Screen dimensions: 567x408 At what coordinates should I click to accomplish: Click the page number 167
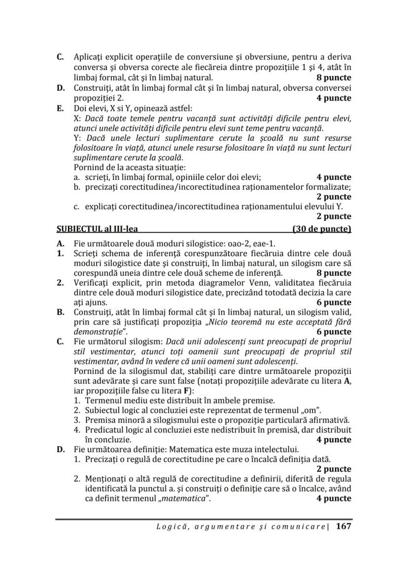(x=343, y=526)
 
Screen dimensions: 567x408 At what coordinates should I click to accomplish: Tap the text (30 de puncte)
(x=322, y=229)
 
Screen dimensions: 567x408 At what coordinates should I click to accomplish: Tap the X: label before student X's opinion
(x=77, y=118)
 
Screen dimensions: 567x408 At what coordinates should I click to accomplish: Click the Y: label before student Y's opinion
(x=77, y=138)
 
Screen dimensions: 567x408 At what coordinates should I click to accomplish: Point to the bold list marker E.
(x=60, y=108)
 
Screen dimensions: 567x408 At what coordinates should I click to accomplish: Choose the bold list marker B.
(x=60, y=312)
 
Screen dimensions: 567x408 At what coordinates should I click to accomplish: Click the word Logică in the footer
(x=171, y=527)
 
